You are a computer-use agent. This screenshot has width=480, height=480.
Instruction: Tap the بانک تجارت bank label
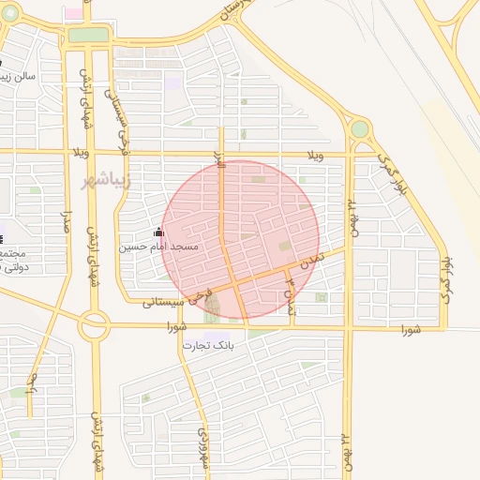point(207,345)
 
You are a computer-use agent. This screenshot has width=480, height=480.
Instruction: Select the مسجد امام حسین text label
point(157,247)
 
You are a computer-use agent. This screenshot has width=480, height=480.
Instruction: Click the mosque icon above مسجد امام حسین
point(158,232)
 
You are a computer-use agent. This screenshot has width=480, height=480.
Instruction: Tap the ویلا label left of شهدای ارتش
point(75,152)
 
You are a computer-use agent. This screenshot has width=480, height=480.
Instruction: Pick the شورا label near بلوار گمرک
point(411,329)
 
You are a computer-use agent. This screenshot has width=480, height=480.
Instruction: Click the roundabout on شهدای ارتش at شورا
point(94,326)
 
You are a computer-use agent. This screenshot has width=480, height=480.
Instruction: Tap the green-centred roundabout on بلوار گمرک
point(359,128)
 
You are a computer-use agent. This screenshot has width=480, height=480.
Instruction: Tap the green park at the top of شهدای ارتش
point(89,36)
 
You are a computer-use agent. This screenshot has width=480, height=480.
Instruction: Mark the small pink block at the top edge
point(72,13)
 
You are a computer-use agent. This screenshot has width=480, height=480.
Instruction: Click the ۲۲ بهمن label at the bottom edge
point(346,455)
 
